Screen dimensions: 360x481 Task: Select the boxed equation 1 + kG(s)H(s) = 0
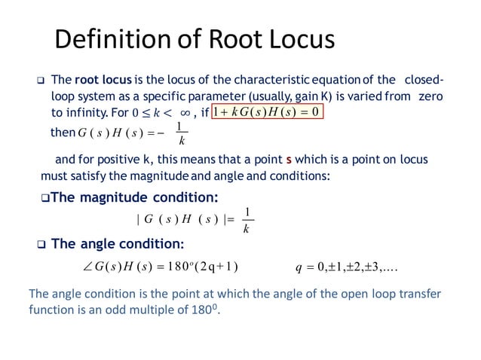(x=268, y=112)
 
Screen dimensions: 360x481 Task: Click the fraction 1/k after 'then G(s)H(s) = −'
(x=178, y=133)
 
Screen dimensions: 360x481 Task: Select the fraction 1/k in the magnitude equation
(x=246, y=221)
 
